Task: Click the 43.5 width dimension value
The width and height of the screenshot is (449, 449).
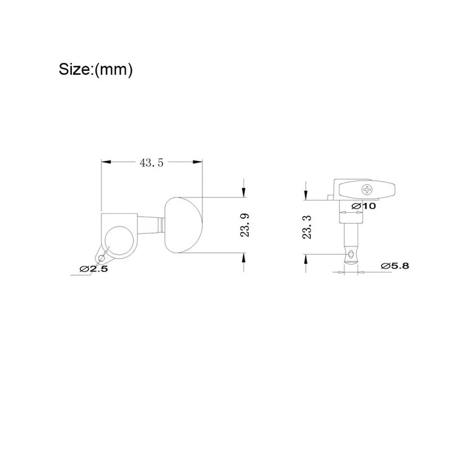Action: point(151,163)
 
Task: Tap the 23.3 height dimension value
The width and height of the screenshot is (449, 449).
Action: point(306,227)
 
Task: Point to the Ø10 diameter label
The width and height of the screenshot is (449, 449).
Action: point(364,206)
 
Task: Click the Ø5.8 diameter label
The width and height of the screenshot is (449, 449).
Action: point(395,265)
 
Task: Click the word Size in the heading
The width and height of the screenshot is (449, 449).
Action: point(75,70)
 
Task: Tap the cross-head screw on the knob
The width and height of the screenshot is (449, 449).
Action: point(367,189)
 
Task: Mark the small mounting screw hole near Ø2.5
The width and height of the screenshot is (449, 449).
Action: point(101,258)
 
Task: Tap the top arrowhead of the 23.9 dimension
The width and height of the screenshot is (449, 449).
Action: point(245,193)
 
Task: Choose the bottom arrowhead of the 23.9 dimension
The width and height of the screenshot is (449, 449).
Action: point(245,257)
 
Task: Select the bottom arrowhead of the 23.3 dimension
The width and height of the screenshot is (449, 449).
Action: point(306,258)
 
